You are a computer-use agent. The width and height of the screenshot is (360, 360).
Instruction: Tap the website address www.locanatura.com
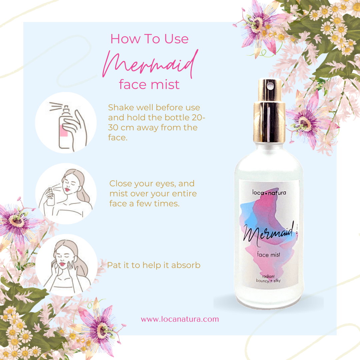(180, 319)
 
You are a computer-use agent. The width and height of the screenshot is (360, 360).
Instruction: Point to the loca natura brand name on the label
(269, 192)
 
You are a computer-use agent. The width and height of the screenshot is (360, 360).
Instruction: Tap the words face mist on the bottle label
(268, 254)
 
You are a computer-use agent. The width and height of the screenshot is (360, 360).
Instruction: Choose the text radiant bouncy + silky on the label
(268, 278)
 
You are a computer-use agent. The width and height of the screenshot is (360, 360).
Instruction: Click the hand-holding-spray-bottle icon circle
(66, 123)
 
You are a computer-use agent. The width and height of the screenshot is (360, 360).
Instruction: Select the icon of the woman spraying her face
(66, 194)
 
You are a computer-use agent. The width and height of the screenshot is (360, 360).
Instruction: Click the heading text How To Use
(149, 39)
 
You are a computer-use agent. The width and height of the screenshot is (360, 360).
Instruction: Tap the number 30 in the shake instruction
(113, 127)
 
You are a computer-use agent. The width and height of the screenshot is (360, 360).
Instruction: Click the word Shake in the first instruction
(121, 107)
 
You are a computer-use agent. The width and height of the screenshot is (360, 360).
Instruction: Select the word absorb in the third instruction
(186, 265)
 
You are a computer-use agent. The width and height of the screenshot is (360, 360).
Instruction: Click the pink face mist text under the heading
(149, 84)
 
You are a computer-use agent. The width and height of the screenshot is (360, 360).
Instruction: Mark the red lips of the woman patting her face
(62, 264)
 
